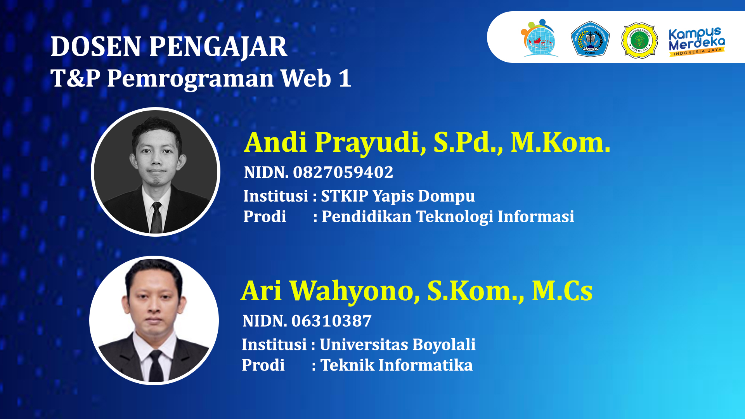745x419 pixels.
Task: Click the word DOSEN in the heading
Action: click(96, 47)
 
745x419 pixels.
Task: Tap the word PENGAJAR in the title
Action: click(218, 47)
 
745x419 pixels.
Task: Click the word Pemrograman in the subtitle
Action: click(191, 79)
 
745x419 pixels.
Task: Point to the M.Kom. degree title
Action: click(560, 142)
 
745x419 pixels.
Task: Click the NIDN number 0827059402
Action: click(343, 172)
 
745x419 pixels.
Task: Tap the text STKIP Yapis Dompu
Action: click(398, 196)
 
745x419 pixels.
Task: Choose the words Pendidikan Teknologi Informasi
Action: click(448, 216)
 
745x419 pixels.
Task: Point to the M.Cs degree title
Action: click(562, 291)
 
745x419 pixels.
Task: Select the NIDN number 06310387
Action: click(331, 321)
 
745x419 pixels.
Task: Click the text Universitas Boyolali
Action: click(397, 345)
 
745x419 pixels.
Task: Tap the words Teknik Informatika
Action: click(396, 365)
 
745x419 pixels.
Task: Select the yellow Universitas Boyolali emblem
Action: click(639, 40)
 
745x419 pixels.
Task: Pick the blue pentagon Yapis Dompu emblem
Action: click(590, 39)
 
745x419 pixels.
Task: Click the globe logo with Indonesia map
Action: click(539, 39)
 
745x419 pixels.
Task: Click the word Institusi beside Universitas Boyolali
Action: click(274, 345)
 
